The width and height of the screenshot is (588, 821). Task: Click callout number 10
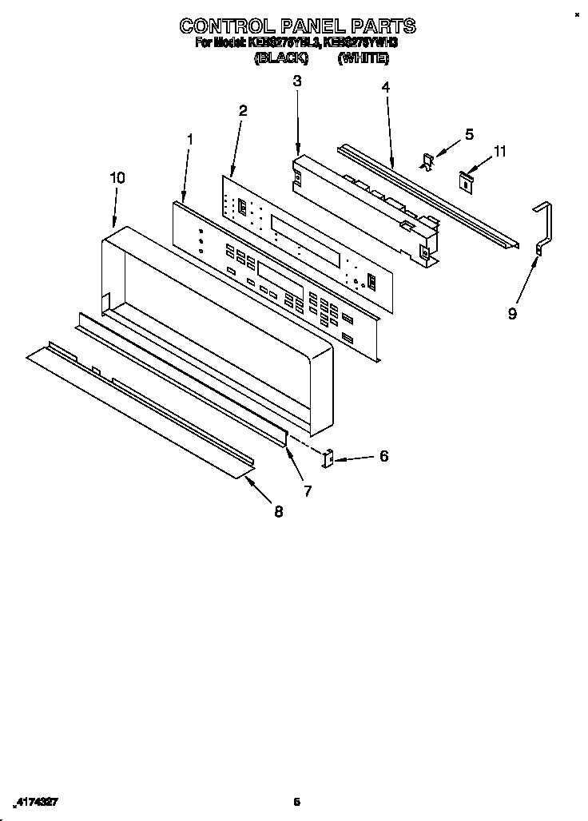[x=117, y=178]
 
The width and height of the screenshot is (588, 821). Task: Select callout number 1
[x=190, y=139]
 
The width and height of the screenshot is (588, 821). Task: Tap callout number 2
[x=243, y=110]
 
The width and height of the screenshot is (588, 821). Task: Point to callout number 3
[x=296, y=81]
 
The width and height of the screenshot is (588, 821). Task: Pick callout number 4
[x=386, y=87]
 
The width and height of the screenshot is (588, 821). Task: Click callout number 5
[x=470, y=134]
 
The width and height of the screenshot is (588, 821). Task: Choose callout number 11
[x=500, y=150]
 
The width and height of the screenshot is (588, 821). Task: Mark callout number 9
[x=512, y=314]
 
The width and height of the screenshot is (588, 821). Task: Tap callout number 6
[x=383, y=456]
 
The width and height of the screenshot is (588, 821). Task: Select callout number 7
[x=308, y=491]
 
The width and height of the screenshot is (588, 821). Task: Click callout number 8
[x=278, y=512]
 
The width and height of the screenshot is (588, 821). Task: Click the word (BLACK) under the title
[x=280, y=59]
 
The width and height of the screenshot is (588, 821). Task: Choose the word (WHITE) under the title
[x=364, y=59]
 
